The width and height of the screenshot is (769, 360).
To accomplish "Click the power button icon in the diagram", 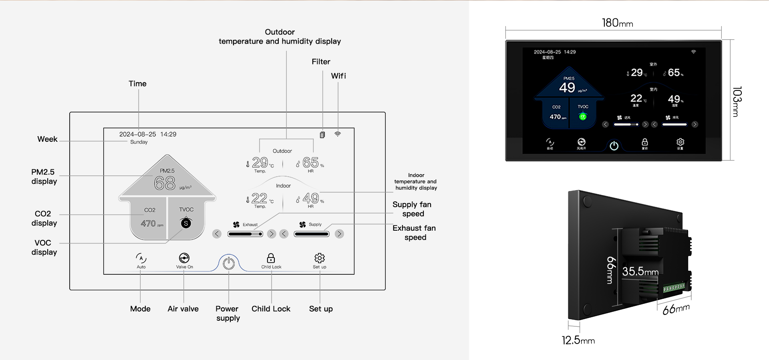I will [229, 263].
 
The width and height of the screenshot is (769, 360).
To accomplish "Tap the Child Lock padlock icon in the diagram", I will [271, 258].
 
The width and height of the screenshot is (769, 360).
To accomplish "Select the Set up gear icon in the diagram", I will [320, 258].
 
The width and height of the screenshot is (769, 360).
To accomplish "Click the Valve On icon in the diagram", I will [184, 258].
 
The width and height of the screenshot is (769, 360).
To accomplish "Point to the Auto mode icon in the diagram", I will [141, 258].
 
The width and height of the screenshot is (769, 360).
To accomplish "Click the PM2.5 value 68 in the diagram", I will [165, 183].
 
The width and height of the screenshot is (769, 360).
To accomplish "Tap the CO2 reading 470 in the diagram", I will [148, 223].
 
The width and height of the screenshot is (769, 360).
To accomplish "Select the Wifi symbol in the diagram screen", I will [338, 134].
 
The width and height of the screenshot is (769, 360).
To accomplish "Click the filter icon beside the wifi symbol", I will [322, 135].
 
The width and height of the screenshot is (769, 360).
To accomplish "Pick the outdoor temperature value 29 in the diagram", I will [260, 162].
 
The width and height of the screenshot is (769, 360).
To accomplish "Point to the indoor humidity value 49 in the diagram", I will [311, 198].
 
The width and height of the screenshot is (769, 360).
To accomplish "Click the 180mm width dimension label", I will [617, 23].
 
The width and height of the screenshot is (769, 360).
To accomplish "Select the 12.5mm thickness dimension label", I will [578, 340].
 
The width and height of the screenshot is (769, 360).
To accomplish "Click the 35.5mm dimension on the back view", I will [640, 272].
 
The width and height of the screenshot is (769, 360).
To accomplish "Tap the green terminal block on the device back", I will [674, 288].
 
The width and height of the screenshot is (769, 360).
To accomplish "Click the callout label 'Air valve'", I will [183, 309].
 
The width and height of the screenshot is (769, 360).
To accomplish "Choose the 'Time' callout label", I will [137, 84].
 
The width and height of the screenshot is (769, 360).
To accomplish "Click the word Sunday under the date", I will [139, 142].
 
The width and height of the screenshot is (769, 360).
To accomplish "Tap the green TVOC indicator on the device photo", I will [583, 117].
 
